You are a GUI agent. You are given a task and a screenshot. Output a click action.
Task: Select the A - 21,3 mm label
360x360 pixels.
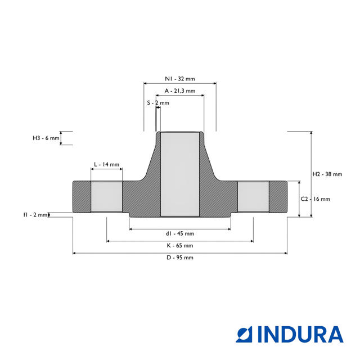[179, 91]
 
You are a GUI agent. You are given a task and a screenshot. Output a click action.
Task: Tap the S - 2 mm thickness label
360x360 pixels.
[157, 103]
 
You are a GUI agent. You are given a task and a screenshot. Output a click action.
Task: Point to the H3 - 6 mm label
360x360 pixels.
[46, 138]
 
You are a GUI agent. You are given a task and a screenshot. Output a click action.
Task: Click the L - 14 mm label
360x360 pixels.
[106, 164]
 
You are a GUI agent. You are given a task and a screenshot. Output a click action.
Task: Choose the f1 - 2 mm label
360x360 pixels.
[35, 214]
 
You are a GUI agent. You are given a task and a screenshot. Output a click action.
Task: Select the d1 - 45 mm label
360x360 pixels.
[179, 233]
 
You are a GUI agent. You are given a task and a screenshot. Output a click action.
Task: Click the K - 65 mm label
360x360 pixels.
[179, 246]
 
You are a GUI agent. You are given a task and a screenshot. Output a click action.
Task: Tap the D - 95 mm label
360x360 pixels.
[179, 258]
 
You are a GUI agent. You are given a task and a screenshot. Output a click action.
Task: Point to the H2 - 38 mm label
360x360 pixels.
[327, 174]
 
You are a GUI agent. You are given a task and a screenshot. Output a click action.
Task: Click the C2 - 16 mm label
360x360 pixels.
[315, 199]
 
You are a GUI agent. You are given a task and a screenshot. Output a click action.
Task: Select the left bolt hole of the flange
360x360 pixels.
[106, 197]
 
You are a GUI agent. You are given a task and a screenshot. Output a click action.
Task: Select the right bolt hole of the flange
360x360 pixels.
[253, 197]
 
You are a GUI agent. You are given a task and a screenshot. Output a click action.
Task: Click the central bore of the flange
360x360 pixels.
[179, 174]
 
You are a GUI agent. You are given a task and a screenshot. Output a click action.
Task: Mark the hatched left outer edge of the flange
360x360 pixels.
[81, 197]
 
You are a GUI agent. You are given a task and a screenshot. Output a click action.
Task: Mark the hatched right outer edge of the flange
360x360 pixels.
[278, 197]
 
